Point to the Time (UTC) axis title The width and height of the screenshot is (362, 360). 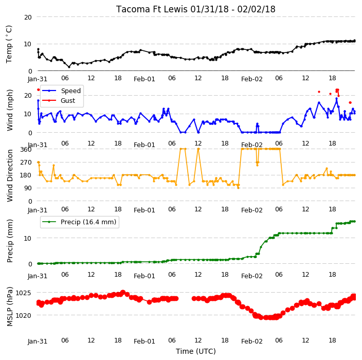(196, 351)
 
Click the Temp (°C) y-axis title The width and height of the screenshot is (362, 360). (9, 44)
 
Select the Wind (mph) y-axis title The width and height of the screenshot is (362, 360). (9, 110)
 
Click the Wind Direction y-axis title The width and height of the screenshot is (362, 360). (10, 175)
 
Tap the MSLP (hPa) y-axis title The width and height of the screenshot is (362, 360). (10, 307)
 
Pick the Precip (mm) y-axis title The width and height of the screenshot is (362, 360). (9, 241)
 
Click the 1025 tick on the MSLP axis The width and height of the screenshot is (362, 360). (23, 293)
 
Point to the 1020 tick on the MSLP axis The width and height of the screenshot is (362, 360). (23, 315)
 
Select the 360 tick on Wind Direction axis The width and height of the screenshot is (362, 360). (26, 150)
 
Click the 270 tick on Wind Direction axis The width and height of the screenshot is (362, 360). (26, 163)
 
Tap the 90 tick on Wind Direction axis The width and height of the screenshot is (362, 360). (28, 188)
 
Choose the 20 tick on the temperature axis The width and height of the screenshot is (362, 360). (28, 17)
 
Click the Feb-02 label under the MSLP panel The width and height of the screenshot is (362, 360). (252, 341)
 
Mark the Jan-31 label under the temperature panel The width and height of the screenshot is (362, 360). (38, 79)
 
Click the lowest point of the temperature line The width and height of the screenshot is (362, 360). (69, 67)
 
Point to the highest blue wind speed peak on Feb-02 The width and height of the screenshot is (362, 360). (337, 99)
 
